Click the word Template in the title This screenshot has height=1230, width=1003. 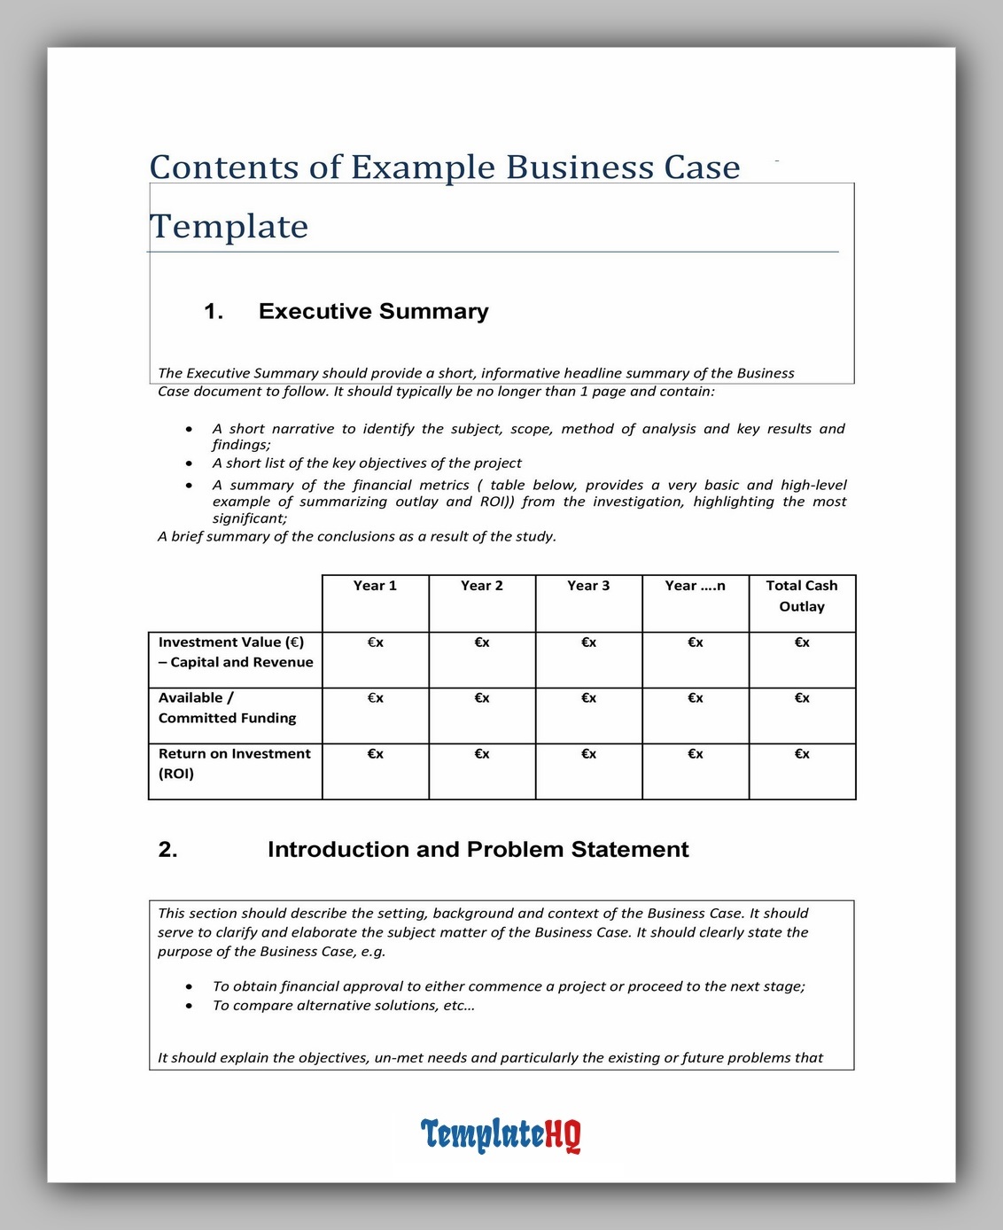[229, 227]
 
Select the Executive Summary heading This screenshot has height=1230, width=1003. [373, 311]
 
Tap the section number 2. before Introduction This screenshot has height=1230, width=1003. [167, 850]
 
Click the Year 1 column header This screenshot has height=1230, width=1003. [375, 586]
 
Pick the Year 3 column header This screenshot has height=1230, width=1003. [588, 586]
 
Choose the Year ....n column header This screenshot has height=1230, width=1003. [695, 586]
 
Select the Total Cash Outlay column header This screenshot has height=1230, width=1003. [802, 596]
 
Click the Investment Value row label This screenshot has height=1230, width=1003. [235, 652]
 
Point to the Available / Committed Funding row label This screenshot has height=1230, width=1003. [227, 708]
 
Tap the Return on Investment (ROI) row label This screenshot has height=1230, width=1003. [234, 763]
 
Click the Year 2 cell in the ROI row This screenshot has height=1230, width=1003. [482, 754]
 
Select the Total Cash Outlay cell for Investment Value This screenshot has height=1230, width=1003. [802, 642]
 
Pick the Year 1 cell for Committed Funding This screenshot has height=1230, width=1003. [375, 698]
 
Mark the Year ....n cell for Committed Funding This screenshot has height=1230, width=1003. [696, 698]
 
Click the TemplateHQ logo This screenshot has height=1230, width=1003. [501, 1134]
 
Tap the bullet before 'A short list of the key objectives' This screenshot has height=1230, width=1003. [189, 463]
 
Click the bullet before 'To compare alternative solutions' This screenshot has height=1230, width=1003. [189, 1006]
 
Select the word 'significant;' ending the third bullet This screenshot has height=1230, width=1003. [250, 518]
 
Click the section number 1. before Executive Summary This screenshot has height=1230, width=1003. [214, 311]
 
